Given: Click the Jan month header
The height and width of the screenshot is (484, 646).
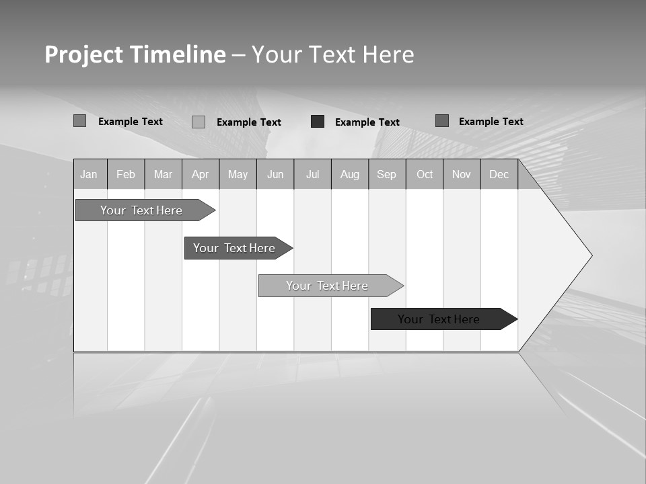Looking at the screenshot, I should (89, 174).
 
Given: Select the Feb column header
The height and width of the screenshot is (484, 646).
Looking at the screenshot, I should (126, 174).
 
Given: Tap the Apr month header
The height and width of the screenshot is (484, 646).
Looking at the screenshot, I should (201, 174).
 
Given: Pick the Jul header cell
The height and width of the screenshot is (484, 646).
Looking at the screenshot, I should (312, 174).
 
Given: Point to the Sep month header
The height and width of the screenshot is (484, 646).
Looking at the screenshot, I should (387, 174).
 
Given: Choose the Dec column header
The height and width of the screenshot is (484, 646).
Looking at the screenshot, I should (499, 174).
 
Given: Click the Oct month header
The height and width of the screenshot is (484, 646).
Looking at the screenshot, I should (425, 174).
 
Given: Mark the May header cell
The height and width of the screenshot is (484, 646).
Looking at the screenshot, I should (238, 174).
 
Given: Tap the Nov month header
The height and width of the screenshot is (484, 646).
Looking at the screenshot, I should (462, 174).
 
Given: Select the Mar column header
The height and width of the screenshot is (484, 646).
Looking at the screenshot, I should (163, 174).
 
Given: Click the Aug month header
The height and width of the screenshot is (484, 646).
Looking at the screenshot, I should (350, 174).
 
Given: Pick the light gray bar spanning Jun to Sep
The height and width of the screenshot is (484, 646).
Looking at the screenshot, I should (328, 286).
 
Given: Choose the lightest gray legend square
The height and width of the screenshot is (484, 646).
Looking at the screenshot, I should (199, 122).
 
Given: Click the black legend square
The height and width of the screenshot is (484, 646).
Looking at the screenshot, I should (318, 122).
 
